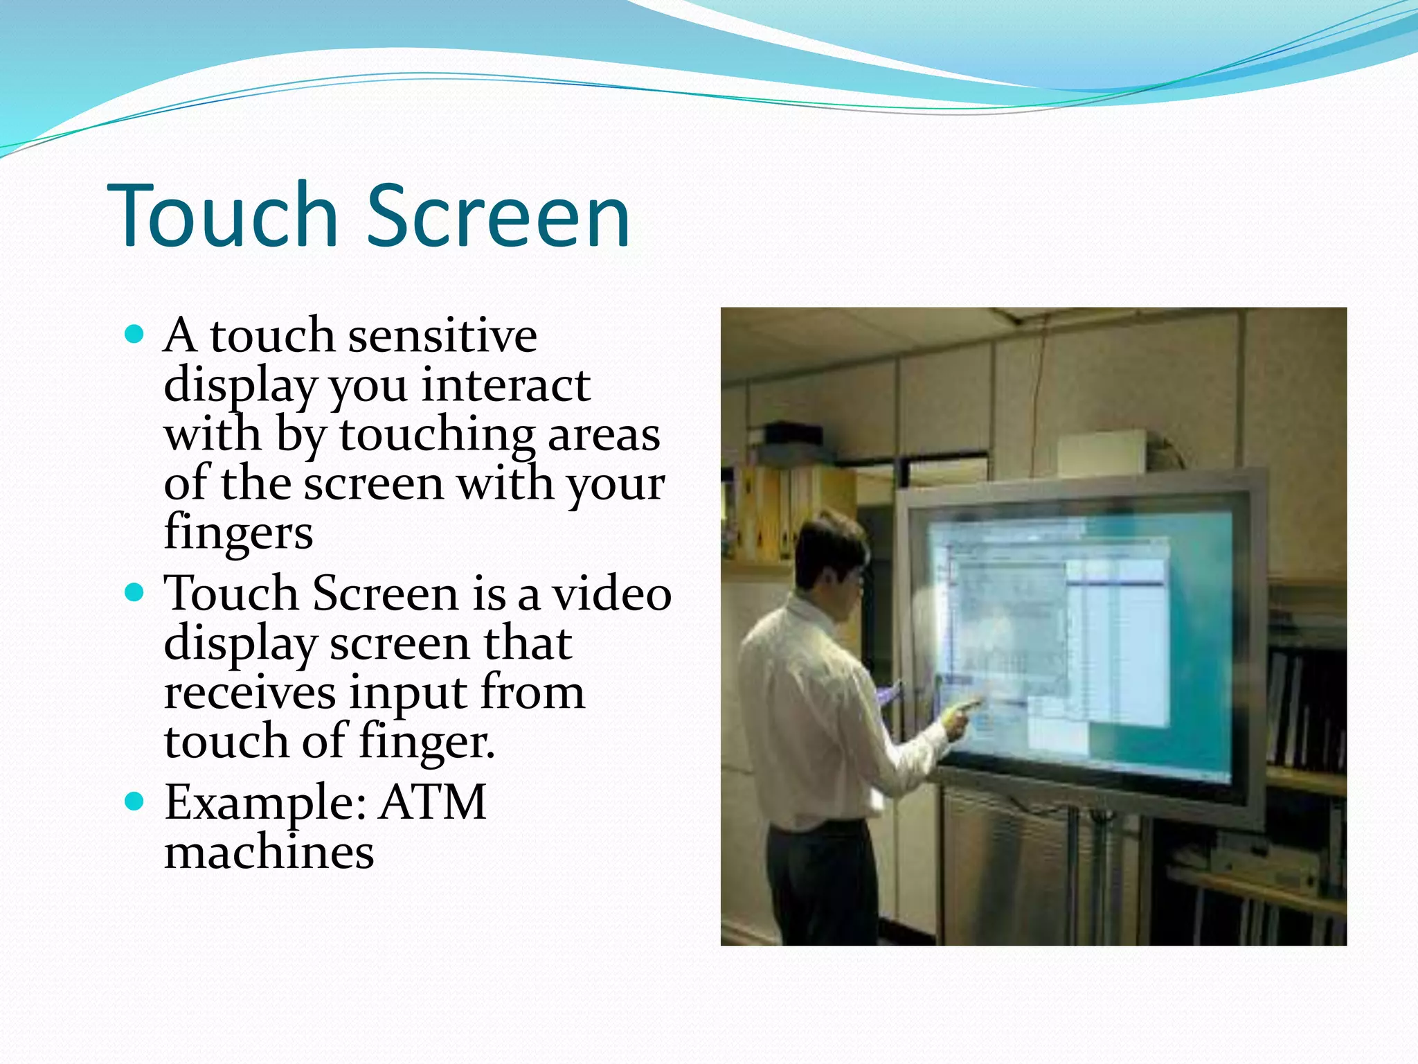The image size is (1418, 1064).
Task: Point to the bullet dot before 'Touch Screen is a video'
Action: point(135,594)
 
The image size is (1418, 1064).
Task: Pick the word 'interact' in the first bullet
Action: point(505,385)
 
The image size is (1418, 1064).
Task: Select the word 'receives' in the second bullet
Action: point(249,693)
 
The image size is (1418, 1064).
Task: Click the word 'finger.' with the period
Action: point(427,742)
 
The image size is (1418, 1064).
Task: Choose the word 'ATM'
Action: point(433,802)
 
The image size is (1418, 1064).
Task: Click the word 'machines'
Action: point(269,852)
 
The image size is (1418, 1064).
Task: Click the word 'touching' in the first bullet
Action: point(437,435)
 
